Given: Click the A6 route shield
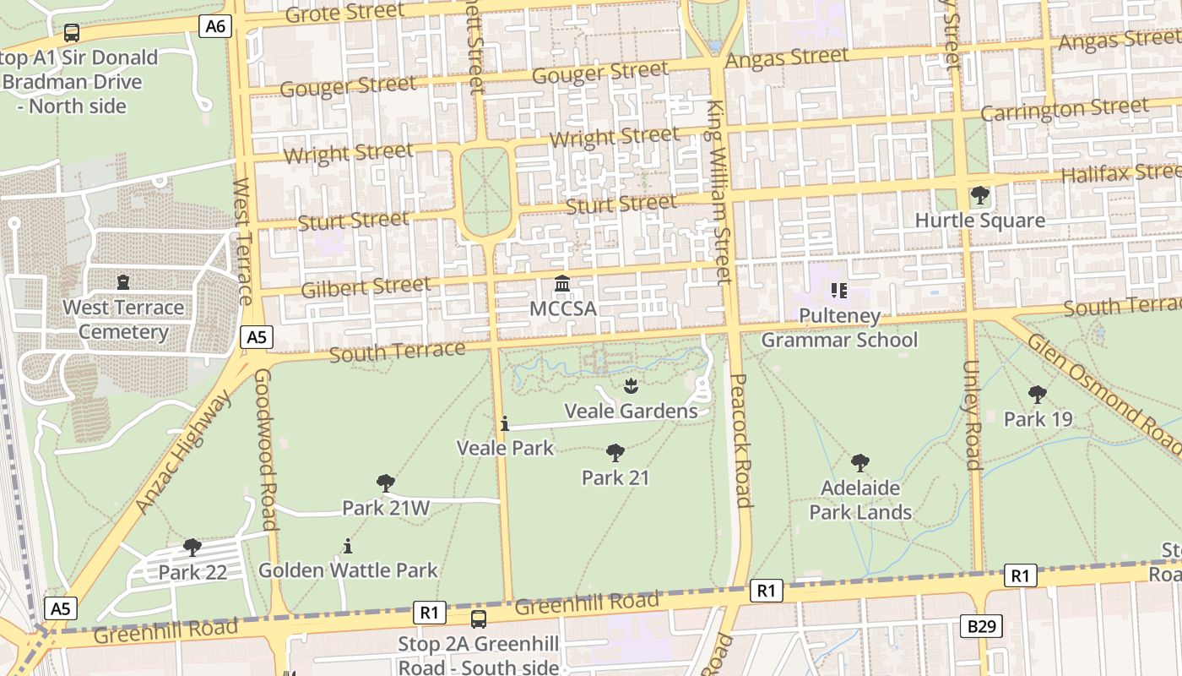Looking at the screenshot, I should [216, 26].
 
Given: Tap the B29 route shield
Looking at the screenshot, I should [981, 626].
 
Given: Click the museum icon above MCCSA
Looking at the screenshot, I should [562, 284].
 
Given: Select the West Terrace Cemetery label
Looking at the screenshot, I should [123, 319].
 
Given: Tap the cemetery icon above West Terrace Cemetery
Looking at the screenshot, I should [123, 282].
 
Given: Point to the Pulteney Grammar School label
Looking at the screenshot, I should [838, 328].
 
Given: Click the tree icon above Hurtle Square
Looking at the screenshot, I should [979, 196].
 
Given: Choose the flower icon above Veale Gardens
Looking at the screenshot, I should [630, 387].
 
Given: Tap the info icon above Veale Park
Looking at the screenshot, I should [505, 423].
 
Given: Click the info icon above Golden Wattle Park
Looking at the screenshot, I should [347, 546].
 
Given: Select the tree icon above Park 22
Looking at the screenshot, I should [192, 548].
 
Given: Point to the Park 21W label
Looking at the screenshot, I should [386, 508].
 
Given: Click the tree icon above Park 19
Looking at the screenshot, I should [1037, 395].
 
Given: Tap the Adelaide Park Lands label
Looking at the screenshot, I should [860, 499].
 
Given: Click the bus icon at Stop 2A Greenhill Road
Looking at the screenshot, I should [479, 619].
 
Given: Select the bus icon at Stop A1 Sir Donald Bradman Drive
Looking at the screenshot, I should [72, 33].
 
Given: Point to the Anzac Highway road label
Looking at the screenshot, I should [182, 454].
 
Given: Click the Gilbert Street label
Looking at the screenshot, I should [366, 286].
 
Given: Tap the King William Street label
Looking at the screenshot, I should [718, 192].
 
